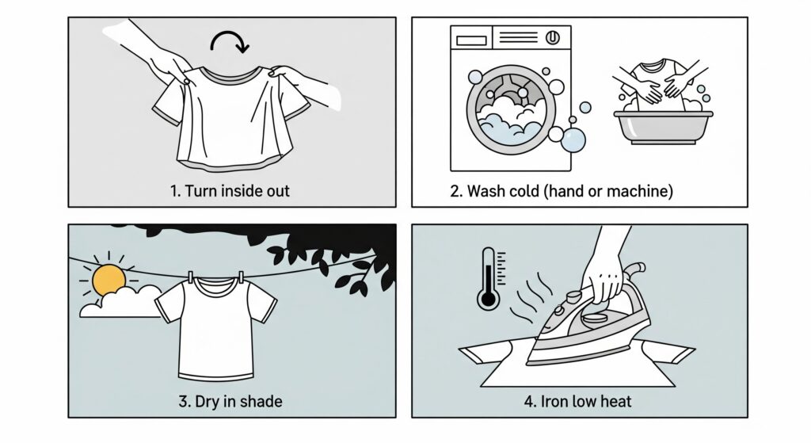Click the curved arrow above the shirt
tap(229, 33)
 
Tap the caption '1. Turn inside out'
tap(230, 191)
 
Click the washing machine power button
tap(552, 38)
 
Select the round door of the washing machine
tap(511, 109)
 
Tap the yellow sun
tap(109, 280)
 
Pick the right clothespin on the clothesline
tap(241, 277)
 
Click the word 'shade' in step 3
tap(261, 402)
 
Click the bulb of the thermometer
tap(488, 299)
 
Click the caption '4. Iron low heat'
tap(577, 402)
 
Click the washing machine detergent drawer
tap(471, 40)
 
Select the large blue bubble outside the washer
tap(573, 140)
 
